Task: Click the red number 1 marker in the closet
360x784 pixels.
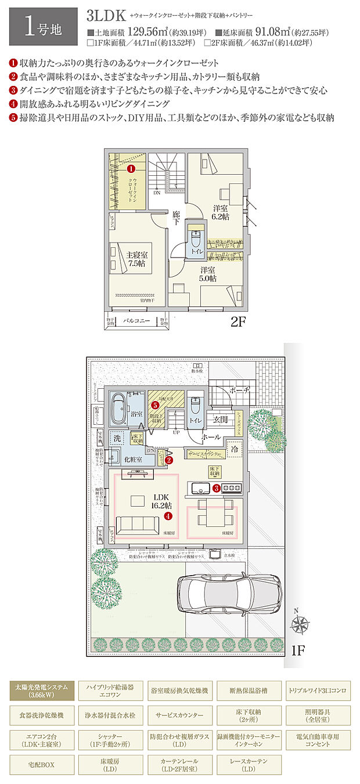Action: (131, 169)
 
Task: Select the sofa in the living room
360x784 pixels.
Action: (138, 525)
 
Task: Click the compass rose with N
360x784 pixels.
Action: (300, 624)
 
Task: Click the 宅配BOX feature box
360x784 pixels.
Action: (41, 764)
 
